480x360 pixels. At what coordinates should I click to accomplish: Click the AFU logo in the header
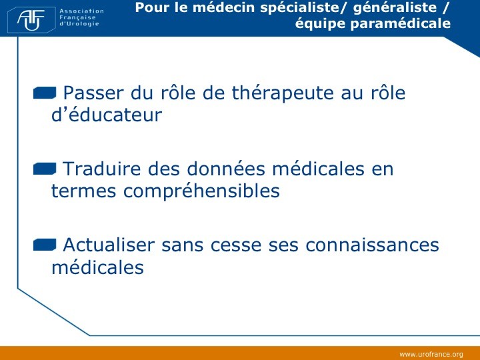(x=31, y=20)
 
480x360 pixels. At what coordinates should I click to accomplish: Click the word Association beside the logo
(x=81, y=11)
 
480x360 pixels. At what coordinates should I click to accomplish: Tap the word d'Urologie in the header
(x=79, y=24)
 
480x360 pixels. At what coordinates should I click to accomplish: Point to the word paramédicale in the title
(x=401, y=23)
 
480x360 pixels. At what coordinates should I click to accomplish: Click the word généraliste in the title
(x=395, y=7)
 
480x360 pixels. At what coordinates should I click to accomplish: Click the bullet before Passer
(x=45, y=93)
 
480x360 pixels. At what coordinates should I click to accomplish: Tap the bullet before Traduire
(x=45, y=169)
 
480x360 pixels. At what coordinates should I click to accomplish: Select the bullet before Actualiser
(x=45, y=245)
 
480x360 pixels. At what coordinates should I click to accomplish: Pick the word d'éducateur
(x=107, y=115)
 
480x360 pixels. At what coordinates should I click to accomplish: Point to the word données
(x=226, y=169)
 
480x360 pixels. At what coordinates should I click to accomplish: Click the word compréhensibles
(x=201, y=191)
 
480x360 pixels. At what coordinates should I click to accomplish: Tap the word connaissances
(x=372, y=245)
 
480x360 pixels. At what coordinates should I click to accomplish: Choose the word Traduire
(x=101, y=169)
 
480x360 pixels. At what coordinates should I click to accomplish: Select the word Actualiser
(x=109, y=245)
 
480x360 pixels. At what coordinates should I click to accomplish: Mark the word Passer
(x=93, y=93)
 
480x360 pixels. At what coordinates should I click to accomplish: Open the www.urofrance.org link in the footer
(x=431, y=355)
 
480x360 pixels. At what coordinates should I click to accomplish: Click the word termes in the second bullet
(x=83, y=191)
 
